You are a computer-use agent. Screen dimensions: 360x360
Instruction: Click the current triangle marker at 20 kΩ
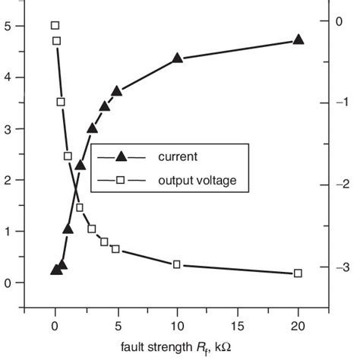(298, 39)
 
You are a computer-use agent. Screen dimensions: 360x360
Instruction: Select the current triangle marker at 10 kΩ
(177, 58)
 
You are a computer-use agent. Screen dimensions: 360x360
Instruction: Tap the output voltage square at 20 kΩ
(298, 273)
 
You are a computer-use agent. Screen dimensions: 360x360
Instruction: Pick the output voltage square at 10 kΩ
(177, 264)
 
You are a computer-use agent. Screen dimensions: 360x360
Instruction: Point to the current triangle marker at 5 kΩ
(116, 90)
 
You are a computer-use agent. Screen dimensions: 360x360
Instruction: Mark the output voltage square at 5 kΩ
(116, 249)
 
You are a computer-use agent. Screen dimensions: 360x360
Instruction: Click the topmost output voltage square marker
(55, 26)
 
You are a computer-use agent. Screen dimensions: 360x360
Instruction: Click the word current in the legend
(178, 157)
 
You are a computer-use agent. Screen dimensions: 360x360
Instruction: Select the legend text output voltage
(197, 181)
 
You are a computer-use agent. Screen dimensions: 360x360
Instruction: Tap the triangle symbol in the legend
(119, 157)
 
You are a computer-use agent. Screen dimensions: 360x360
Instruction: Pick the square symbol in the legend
(119, 181)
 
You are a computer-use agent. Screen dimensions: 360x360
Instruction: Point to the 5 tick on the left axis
(7, 26)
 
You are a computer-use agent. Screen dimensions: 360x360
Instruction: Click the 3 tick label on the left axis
(7, 129)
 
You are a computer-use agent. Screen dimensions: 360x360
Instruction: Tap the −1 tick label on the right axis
(341, 103)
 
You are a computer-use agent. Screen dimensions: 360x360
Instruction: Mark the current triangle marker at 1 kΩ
(68, 229)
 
